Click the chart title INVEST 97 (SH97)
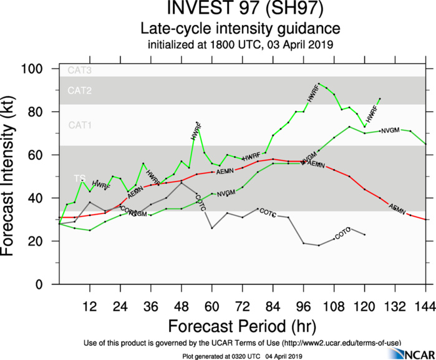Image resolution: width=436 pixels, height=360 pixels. [240, 11]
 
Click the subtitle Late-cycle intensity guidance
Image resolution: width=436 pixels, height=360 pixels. [240, 29]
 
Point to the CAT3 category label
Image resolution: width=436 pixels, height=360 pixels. [80, 71]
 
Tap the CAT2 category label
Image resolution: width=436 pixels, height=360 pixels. [80, 91]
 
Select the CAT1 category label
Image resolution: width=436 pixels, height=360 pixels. [80, 125]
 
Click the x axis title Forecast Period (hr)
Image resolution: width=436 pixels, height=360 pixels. [240, 326]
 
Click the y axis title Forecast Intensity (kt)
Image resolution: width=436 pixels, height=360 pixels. [14, 177]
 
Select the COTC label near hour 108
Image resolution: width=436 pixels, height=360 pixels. [343, 234]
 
